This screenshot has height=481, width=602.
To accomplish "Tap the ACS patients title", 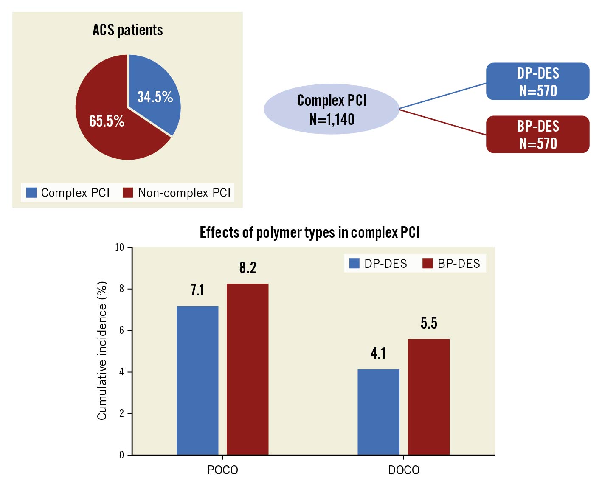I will click(x=128, y=30).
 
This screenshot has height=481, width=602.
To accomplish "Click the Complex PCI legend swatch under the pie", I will click(x=31, y=193).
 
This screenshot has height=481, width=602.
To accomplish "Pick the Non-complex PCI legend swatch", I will click(x=128, y=193).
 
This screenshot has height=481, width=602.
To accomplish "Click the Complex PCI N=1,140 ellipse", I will click(x=332, y=110).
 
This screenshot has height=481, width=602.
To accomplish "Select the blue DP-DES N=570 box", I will click(x=537, y=82).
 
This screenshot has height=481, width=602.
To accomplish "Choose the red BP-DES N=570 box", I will click(x=537, y=135).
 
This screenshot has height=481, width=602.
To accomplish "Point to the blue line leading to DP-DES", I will click(x=443, y=96).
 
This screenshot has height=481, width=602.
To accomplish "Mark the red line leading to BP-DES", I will click(x=443, y=122).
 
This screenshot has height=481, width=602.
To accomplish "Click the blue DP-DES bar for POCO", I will click(x=197, y=380).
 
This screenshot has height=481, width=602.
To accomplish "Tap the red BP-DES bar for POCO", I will click(x=248, y=369).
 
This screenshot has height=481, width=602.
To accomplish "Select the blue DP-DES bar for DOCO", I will click(x=378, y=412).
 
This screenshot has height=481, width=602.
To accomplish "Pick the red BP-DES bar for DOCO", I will click(x=429, y=397).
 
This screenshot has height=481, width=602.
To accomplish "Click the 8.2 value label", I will click(x=248, y=267).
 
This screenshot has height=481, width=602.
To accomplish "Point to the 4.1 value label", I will click(x=378, y=353).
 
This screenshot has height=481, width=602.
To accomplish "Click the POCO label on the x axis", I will click(x=222, y=470).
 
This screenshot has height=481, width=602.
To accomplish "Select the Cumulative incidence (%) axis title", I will click(x=102, y=351).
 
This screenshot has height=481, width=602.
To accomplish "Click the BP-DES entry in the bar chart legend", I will click(x=452, y=264).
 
